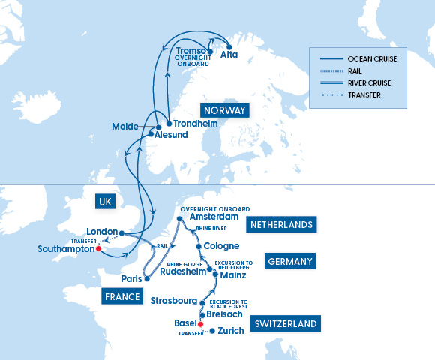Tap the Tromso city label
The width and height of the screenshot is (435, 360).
(191, 50)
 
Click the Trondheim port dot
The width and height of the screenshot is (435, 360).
(168, 124)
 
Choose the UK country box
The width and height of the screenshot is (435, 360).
(106, 202)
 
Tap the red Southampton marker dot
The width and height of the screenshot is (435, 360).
(98, 248)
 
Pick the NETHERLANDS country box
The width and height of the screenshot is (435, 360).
(281, 223)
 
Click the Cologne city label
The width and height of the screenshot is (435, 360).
(222, 245)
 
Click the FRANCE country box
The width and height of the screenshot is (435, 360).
(122, 296)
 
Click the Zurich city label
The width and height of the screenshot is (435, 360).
(230, 331)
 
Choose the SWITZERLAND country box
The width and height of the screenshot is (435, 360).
(285, 324)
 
